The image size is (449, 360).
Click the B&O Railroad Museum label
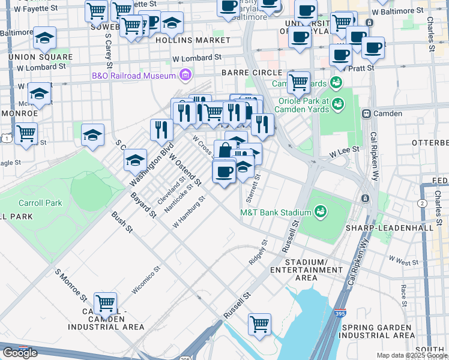(x=133, y=76)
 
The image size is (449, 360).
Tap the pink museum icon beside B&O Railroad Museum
(x=185, y=75)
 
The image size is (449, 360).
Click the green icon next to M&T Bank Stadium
(x=320, y=212)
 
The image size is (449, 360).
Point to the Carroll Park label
(x=40, y=203)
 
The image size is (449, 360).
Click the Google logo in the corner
(x=20, y=353)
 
